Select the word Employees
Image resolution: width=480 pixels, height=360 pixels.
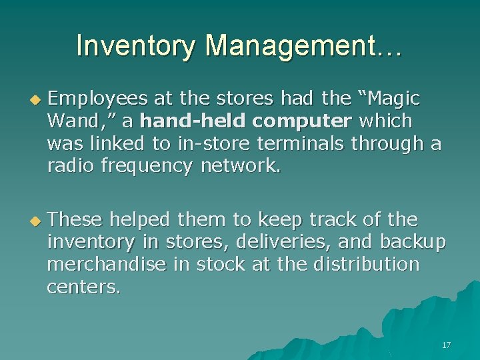99,99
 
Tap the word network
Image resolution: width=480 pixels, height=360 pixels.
241,165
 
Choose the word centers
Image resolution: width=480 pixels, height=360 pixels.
84,287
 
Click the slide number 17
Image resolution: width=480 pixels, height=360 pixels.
446,345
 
